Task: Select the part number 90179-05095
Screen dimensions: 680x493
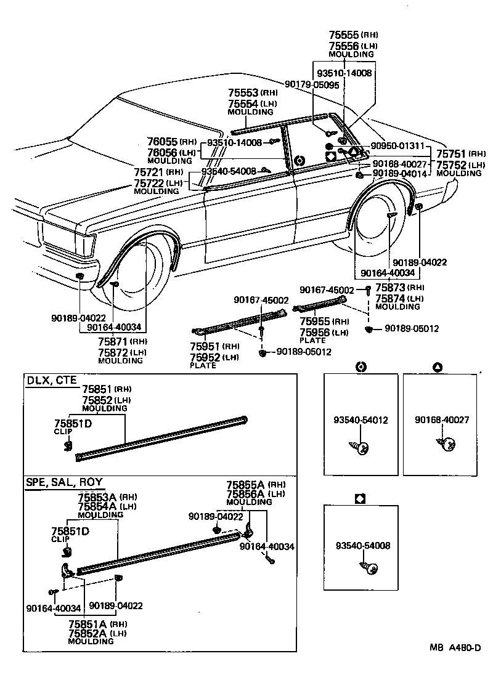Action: click(312, 84)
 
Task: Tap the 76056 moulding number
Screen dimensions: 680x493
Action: click(162, 152)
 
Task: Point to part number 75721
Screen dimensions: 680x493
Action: click(150, 172)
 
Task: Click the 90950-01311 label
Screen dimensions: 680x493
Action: click(397, 146)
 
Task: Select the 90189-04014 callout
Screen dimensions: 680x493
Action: click(399, 174)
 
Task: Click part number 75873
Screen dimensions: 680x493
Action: click(389, 288)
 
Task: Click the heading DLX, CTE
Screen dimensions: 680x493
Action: click(51, 380)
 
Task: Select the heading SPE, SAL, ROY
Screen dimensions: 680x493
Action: click(64, 482)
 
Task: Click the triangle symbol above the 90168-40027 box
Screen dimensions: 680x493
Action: click(437, 368)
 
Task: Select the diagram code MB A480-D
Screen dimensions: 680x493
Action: click(455, 647)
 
